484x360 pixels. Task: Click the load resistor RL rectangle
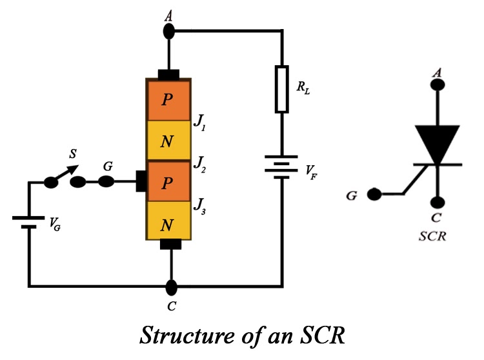[x=282, y=88]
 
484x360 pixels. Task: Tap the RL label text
[x=303, y=89]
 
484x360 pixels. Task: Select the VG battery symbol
[x=28, y=222]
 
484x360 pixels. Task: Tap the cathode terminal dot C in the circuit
[x=170, y=285]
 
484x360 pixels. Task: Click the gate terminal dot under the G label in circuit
[x=106, y=183]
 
